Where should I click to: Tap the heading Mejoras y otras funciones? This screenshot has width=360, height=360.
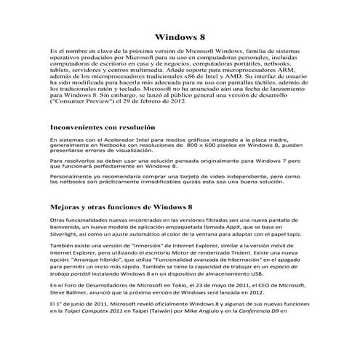pos(120,206)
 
